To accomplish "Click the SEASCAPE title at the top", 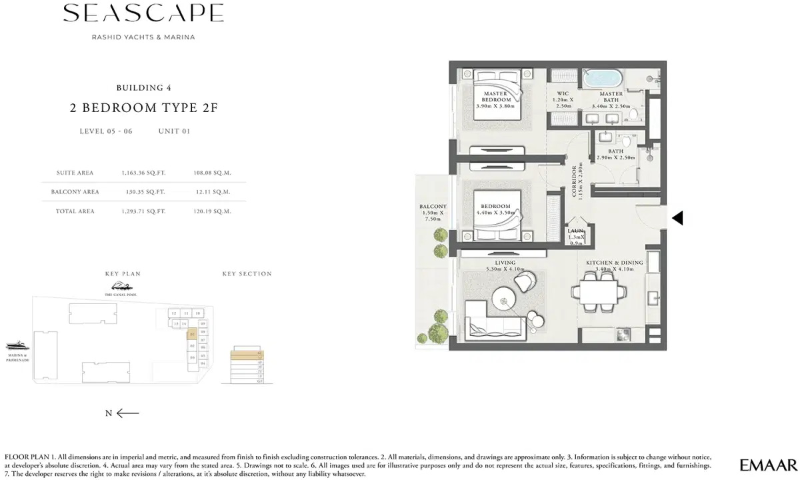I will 143,13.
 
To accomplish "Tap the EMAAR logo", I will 768,464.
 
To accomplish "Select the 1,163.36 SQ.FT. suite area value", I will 143,173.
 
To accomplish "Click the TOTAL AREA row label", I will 75,211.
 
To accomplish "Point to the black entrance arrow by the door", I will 677,218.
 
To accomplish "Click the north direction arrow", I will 127,413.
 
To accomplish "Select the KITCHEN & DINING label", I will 614,267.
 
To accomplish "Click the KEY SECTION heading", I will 247,274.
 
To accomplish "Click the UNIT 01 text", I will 174,131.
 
